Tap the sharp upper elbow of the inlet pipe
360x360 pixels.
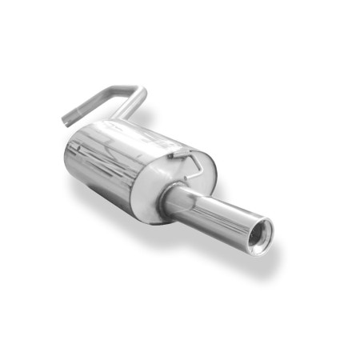pos(142,90)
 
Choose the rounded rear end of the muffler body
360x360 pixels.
pos(74,160)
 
